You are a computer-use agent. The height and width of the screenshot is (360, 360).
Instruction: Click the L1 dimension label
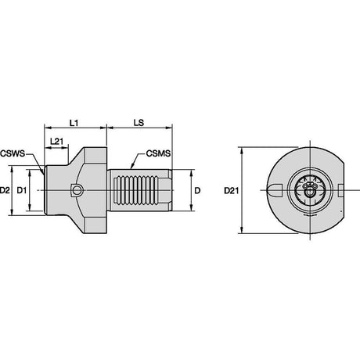coord(74,123)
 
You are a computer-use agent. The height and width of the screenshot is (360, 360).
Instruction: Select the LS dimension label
coord(139,123)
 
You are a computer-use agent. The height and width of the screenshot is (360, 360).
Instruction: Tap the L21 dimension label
coord(56,142)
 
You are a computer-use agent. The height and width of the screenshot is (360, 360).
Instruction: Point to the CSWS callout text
coord(13,153)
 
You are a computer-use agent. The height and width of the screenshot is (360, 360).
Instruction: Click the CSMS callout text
coord(158,153)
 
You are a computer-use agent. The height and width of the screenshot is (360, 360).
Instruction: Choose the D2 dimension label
coord(5,191)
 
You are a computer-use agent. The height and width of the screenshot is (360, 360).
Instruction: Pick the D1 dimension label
coord(22,191)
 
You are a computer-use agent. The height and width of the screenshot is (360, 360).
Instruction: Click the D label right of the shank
coord(197,191)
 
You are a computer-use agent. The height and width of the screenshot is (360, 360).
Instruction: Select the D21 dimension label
coord(232,191)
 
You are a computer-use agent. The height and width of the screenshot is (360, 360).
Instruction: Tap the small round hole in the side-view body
coord(77,190)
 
